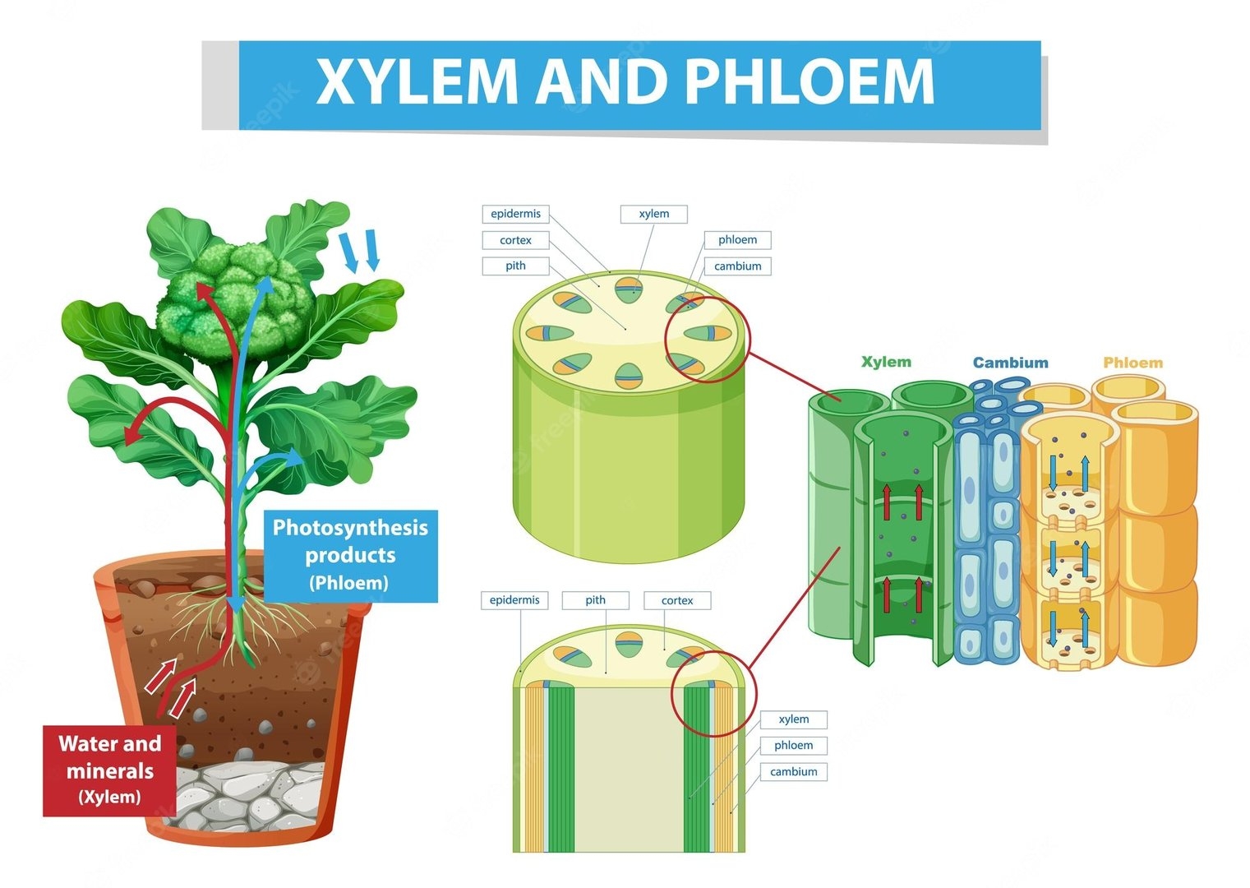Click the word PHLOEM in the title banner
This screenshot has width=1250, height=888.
point(810,82)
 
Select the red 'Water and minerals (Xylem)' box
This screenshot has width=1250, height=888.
point(109,770)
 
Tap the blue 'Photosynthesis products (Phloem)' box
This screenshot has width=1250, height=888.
point(351,556)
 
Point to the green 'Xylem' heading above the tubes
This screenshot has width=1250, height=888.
point(886,362)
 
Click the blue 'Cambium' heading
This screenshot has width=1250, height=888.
point(1010,363)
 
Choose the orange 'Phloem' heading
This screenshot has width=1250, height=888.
point(1132,363)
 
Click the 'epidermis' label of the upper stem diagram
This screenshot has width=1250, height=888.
point(515,214)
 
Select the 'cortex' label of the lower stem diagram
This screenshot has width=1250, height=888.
point(677,600)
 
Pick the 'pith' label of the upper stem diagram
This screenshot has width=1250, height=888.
point(515,266)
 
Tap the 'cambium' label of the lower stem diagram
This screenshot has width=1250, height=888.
point(793,771)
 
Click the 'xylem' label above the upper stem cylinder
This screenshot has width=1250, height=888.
point(654,214)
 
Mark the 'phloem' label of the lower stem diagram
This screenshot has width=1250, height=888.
point(793,745)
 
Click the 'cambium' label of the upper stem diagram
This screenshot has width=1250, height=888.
point(737,266)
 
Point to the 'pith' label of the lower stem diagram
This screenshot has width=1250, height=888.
point(595,600)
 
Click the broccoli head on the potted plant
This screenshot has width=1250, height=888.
point(234,300)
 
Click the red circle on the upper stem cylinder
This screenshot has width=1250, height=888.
point(707,340)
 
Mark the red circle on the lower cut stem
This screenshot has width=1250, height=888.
point(712,693)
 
